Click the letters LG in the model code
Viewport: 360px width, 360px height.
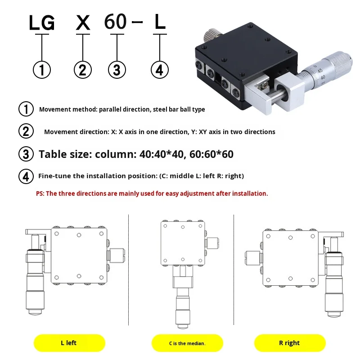coord(42,23)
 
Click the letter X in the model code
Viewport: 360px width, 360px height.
coord(83,22)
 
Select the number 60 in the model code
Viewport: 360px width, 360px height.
coord(115,21)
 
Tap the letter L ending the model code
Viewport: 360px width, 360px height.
coord(160,22)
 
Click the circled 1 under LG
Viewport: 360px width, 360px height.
coord(42,70)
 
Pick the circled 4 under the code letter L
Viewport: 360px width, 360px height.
coord(160,70)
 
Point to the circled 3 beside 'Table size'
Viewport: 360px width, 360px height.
coord(26,154)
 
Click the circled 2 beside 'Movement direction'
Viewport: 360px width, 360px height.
coord(26,131)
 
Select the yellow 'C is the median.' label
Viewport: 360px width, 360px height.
coord(187,343)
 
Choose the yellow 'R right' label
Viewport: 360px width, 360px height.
coord(289,343)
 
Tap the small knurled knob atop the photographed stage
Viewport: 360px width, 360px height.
coord(211,35)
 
